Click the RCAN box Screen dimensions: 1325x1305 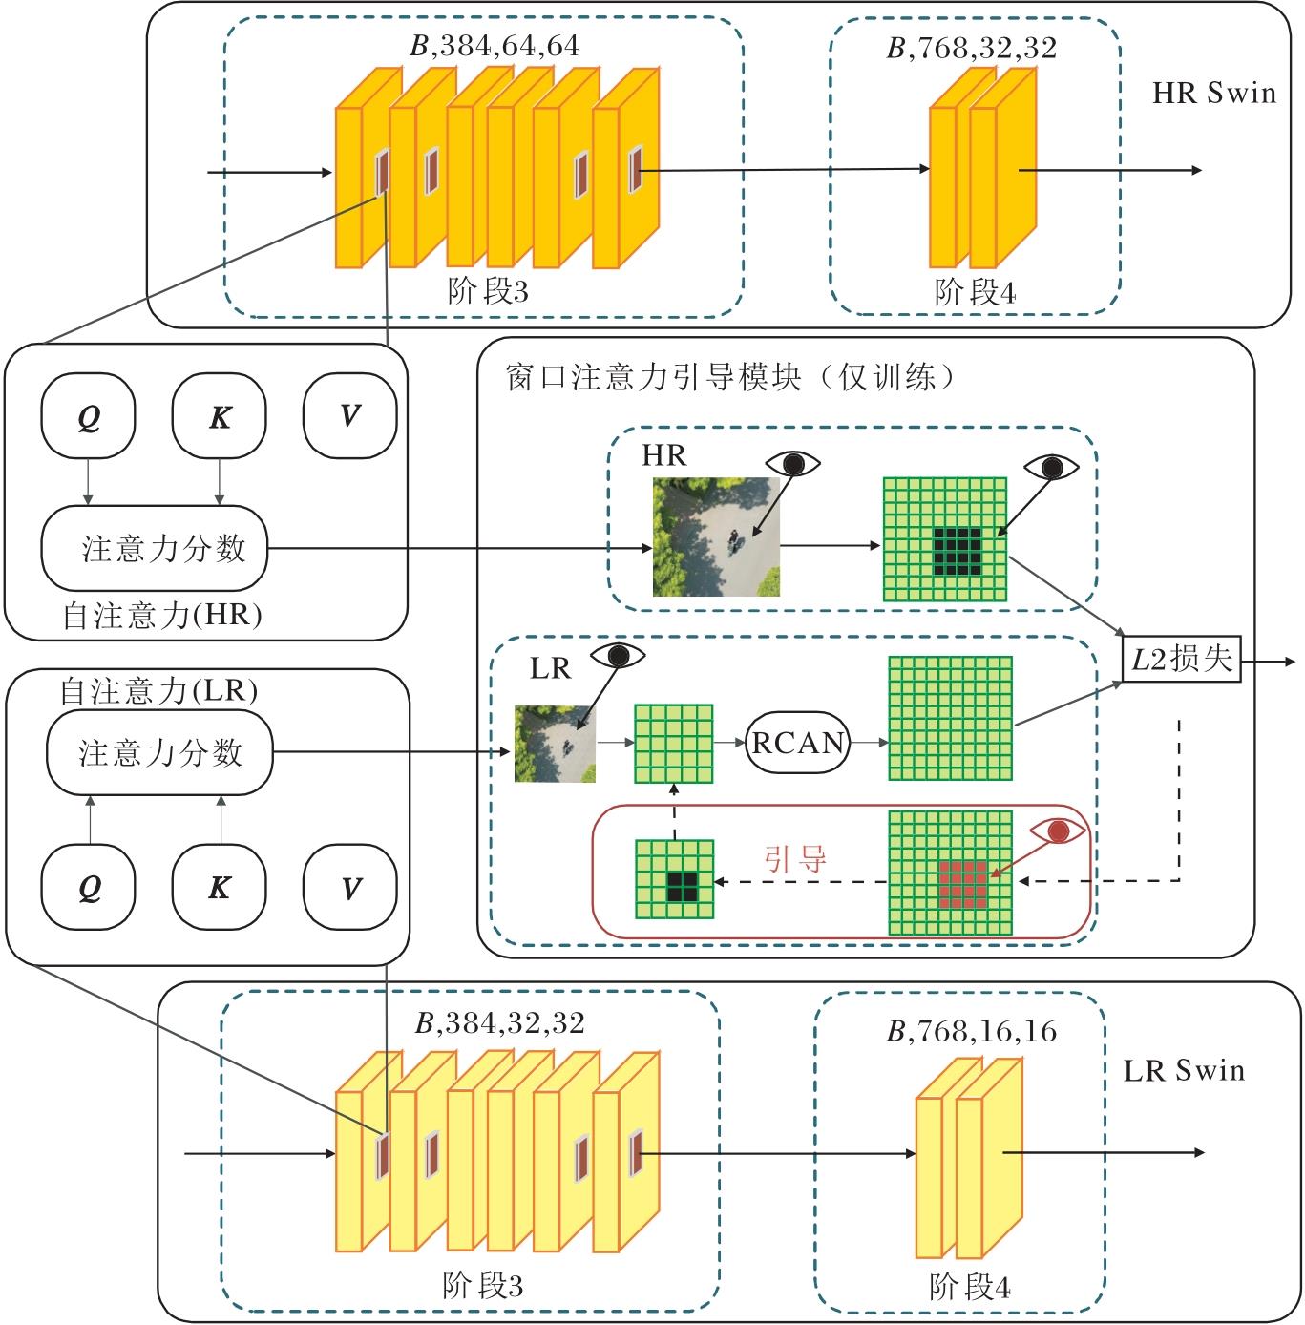(797, 742)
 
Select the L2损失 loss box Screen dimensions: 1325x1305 (1182, 659)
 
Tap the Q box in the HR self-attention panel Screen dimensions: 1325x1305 (89, 416)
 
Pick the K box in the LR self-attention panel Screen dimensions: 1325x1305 (220, 888)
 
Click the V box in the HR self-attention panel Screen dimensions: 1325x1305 (349, 416)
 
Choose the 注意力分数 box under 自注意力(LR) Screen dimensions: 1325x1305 (159, 753)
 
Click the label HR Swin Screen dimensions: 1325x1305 (1213, 94)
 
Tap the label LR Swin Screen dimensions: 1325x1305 (1184, 1070)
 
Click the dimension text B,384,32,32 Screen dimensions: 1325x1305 (499, 1023)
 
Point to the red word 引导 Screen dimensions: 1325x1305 (794, 859)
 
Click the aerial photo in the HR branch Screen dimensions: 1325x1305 (716, 536)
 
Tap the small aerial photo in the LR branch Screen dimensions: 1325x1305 (555, 744)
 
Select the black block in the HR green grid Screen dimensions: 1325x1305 (958, 551)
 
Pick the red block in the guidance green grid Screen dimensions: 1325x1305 (962, 884)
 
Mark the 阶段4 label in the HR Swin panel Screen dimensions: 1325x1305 (975, 292)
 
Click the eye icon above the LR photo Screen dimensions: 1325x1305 (618, 656)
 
